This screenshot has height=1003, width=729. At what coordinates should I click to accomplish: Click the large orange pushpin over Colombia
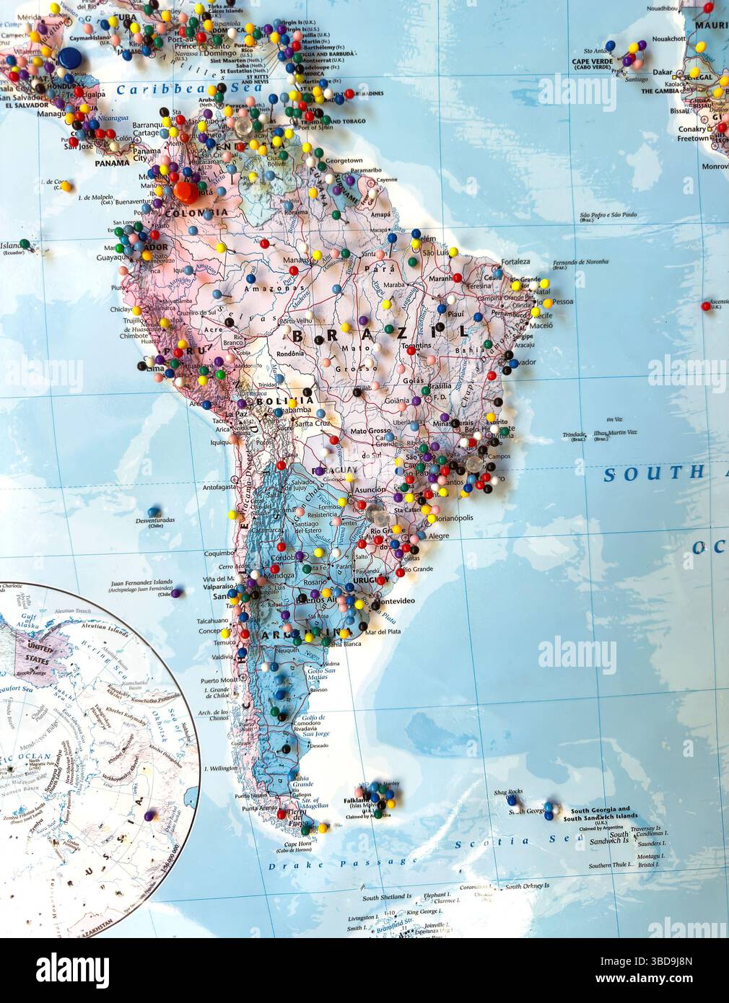tap(185, 191)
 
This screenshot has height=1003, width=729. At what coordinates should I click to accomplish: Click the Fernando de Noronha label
tap(580, 262)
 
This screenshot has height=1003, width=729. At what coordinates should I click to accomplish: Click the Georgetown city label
tap(343, 160)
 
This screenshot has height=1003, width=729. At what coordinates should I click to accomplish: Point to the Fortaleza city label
tap(515, 261)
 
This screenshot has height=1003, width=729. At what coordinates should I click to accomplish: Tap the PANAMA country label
tap(112, 164)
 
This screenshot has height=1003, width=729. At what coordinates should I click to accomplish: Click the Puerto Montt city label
tap(219, 680)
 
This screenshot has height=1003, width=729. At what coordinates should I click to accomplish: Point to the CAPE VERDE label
tap(591, 61)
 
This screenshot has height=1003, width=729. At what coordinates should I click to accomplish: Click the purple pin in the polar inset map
tap(149, 816)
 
